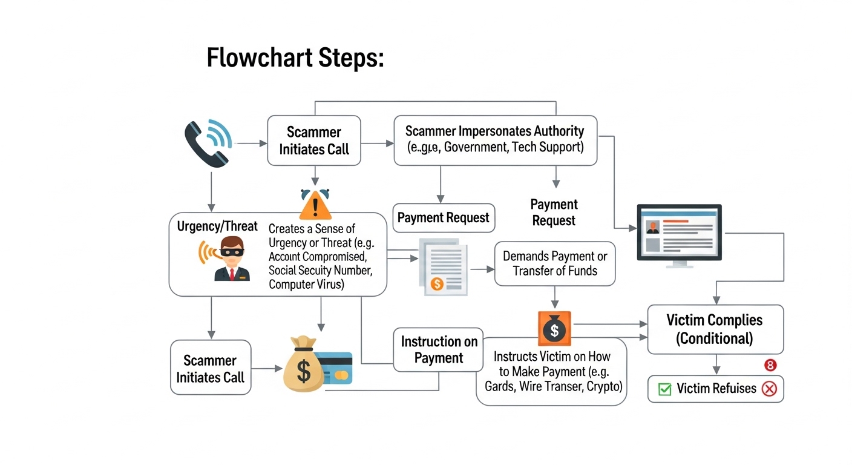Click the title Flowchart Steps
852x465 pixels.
coord(295,58)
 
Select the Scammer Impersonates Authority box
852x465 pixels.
coord(495,140)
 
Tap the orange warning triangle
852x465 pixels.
coord(315,205)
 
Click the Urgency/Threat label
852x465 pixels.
coord(217,226)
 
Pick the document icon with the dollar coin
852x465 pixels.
coord(443,267)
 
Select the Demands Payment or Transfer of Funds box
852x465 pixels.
coord(555,264)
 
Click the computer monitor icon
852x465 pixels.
coord(680,236)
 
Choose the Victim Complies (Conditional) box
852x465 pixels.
coord(715,329)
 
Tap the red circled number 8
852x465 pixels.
coord(770,365)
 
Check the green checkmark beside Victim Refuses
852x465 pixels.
coord(664,389)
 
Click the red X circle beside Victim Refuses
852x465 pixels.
coord(770,389)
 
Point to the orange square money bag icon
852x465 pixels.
coord(554,328)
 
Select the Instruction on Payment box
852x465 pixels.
coord(438,350)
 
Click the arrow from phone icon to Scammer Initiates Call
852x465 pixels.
coord(251,143)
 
